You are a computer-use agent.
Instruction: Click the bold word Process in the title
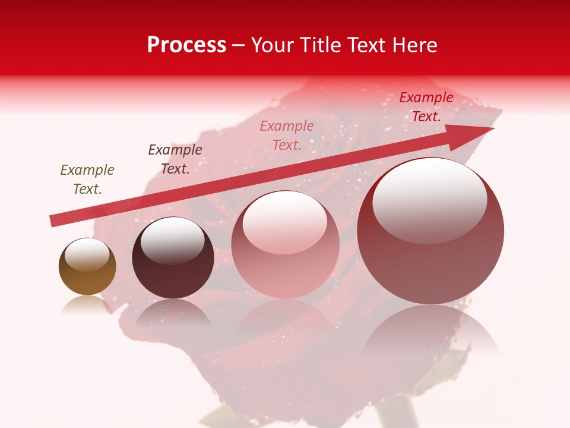[x=186, y=45]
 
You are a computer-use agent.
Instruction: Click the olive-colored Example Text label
[x=87, y=179]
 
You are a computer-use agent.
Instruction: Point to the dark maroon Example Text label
[x=175, y=159]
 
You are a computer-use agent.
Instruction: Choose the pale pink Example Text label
[x=287, y=135]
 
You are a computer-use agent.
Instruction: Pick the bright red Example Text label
[x=426, y=107]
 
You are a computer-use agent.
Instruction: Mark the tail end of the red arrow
[x=53, y=221]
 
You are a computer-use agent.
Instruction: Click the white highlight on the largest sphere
[x=429, y=201]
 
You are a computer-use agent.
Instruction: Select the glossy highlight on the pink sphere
[x=285, y=223]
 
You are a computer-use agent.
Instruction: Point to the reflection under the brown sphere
[x=87, y=304]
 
